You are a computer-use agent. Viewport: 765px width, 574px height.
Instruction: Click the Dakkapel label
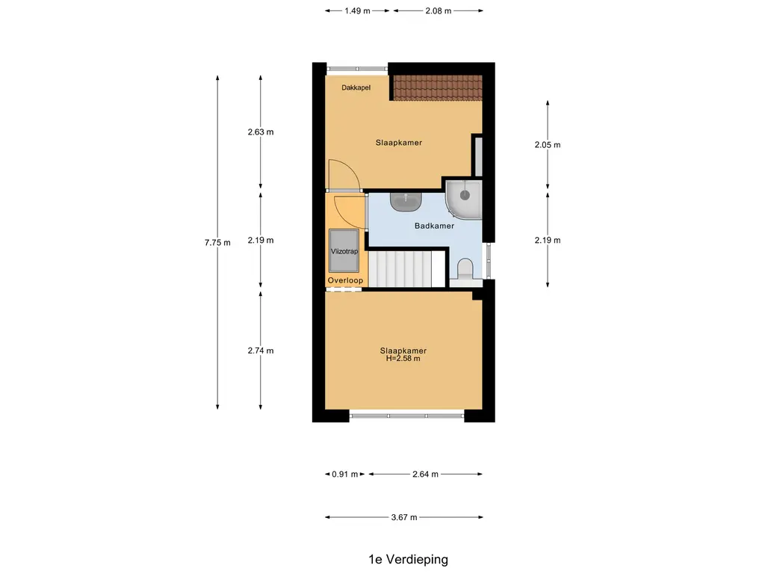point(356,88)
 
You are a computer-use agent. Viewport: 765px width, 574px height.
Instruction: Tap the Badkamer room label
point(434,226)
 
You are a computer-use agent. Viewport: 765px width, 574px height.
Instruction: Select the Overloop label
point(345,280)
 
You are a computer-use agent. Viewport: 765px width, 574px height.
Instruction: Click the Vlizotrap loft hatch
point(344,251)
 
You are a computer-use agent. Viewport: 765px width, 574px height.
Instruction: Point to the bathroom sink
point(406,200)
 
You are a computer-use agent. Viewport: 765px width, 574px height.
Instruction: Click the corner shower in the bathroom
point(463,199)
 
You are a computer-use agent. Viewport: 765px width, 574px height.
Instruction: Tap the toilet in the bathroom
point(465,269)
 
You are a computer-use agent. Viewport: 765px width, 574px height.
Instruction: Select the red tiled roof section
point(438,87)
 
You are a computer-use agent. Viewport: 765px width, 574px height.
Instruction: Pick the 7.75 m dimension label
point(217,243)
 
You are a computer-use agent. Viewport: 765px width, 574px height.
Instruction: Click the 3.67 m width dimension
point(404,517)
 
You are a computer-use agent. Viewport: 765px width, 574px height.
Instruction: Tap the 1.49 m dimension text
point(358,10)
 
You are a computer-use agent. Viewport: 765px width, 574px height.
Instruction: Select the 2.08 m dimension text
point(438,10)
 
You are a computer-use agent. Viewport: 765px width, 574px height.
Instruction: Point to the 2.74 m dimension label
point(261,351)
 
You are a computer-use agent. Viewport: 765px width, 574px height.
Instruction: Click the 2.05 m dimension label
point(548,145)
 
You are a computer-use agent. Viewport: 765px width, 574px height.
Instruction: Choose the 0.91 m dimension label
point(345,474)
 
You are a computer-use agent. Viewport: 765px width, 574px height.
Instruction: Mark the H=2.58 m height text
point(403,358)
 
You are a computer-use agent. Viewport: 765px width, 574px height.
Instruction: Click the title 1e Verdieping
point(409,559)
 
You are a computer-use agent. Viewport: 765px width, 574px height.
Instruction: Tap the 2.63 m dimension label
point(261,132)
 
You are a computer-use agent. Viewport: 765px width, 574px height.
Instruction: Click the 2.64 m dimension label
point(425,474)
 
